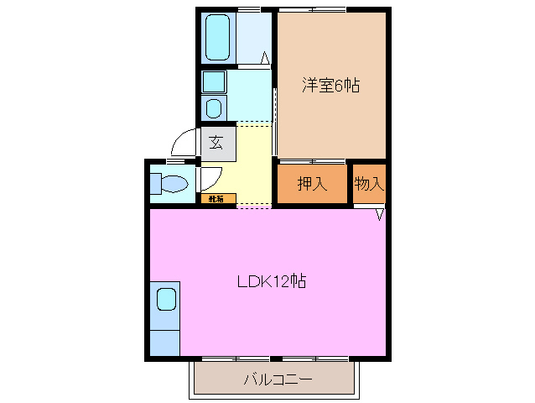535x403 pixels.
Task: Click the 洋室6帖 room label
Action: [x=330, y=85]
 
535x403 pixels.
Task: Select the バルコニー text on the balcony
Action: [x=278, y=379]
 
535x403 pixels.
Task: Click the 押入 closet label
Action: [x=312, y=184]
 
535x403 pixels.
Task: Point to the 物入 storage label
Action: [x=368, y=183]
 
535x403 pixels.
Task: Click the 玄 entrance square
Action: [x=216, y=143]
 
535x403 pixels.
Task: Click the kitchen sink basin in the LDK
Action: [x=165, y=299]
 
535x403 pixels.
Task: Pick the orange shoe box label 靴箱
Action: [x=217, y=199]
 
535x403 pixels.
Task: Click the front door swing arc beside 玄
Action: [x=184, y=141]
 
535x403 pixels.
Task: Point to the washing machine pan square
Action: [x=214, y=81]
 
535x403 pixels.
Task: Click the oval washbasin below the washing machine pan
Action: [x=214, y=107]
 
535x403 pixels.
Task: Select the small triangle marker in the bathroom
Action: [x=264, y=59]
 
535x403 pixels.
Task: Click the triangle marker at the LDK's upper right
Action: [x=379, y=215]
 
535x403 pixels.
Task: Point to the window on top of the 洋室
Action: [x=312, y=9]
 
